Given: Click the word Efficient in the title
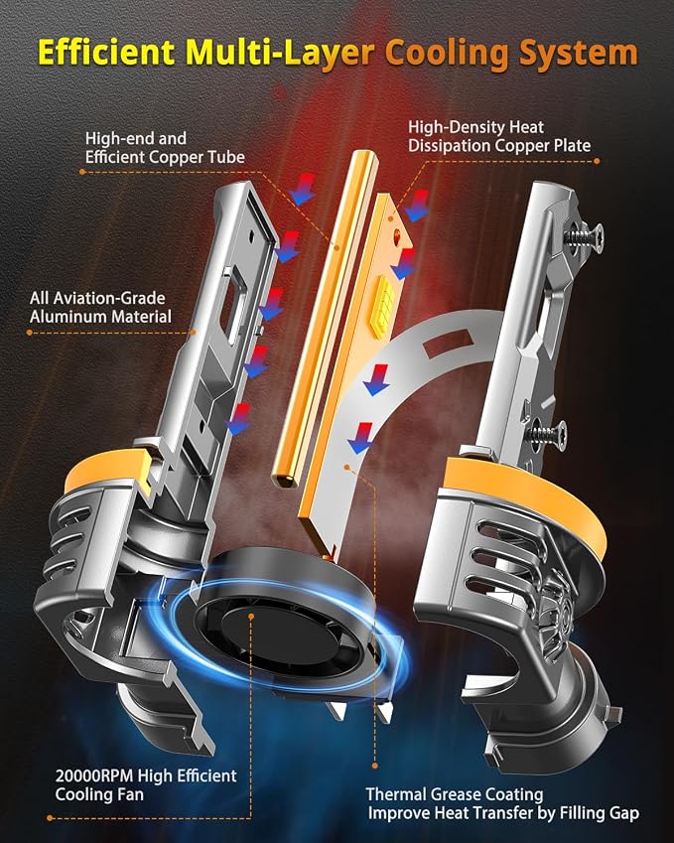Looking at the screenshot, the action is [x=106, y=53].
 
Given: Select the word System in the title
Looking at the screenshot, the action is [x=579, y=54].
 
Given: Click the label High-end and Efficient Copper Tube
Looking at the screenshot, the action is [x=165, y=148].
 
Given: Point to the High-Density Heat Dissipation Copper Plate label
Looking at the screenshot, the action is [x=499, y=137].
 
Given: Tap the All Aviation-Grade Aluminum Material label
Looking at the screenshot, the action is [x=100, y=307].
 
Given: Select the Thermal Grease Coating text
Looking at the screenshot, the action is [x=455, y=794].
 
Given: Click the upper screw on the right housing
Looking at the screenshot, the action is [x=584, y=236].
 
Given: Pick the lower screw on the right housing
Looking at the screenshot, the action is [x=546, y=430].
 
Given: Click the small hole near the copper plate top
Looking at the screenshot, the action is [x=398, y=234].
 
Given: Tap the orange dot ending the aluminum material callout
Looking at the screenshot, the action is [x=29, y=333].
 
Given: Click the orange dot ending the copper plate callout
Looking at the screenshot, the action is [x=597, y=160].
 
